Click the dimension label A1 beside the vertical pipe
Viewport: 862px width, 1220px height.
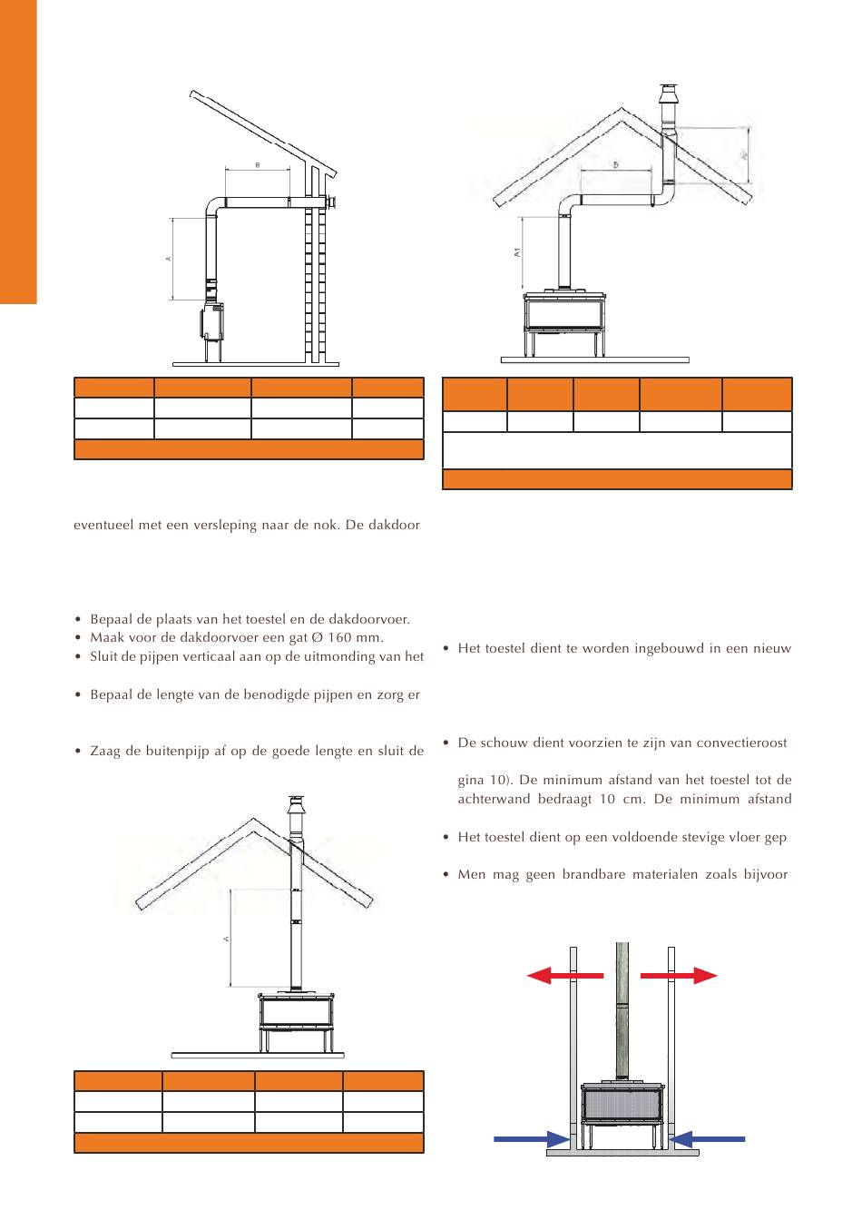(517, 253)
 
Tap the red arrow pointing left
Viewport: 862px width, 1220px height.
(564, 976)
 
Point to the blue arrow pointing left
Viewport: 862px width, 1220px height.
(710, 1137)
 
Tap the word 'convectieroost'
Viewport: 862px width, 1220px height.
(743, 743)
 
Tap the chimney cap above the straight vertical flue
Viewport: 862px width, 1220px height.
(295, 808)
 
